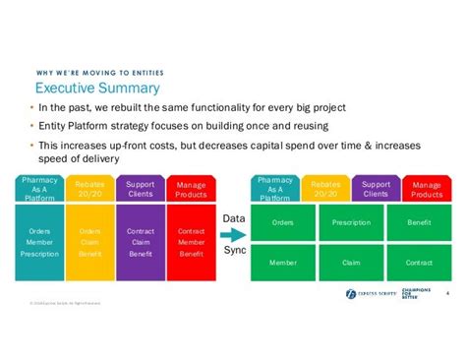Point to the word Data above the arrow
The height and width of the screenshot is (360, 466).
(x=233, y=218)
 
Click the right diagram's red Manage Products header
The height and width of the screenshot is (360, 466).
(x=426, y=189)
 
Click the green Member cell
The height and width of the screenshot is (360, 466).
(x=284, y=263)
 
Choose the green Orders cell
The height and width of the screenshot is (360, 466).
(x=284, y=222)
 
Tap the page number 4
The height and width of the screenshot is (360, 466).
(x=447, y=292)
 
